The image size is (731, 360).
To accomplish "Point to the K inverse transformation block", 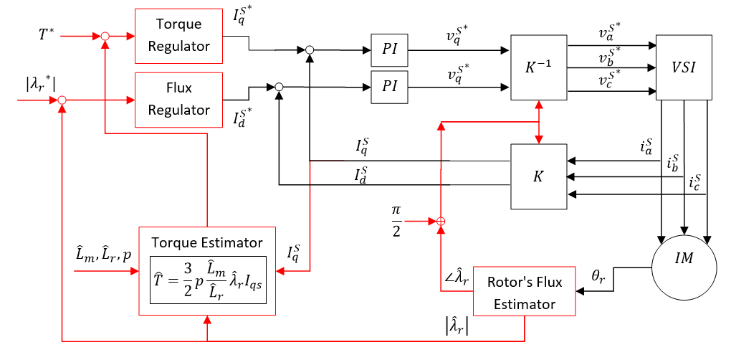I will [x=537, y=67].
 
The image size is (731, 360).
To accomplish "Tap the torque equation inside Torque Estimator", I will [x=207, y=280].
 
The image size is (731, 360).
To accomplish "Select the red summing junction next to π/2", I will [x=441, y=222].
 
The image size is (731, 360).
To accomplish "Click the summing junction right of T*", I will [x=105, y=35].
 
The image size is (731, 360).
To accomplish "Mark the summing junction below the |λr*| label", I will [x=62, y=100].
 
